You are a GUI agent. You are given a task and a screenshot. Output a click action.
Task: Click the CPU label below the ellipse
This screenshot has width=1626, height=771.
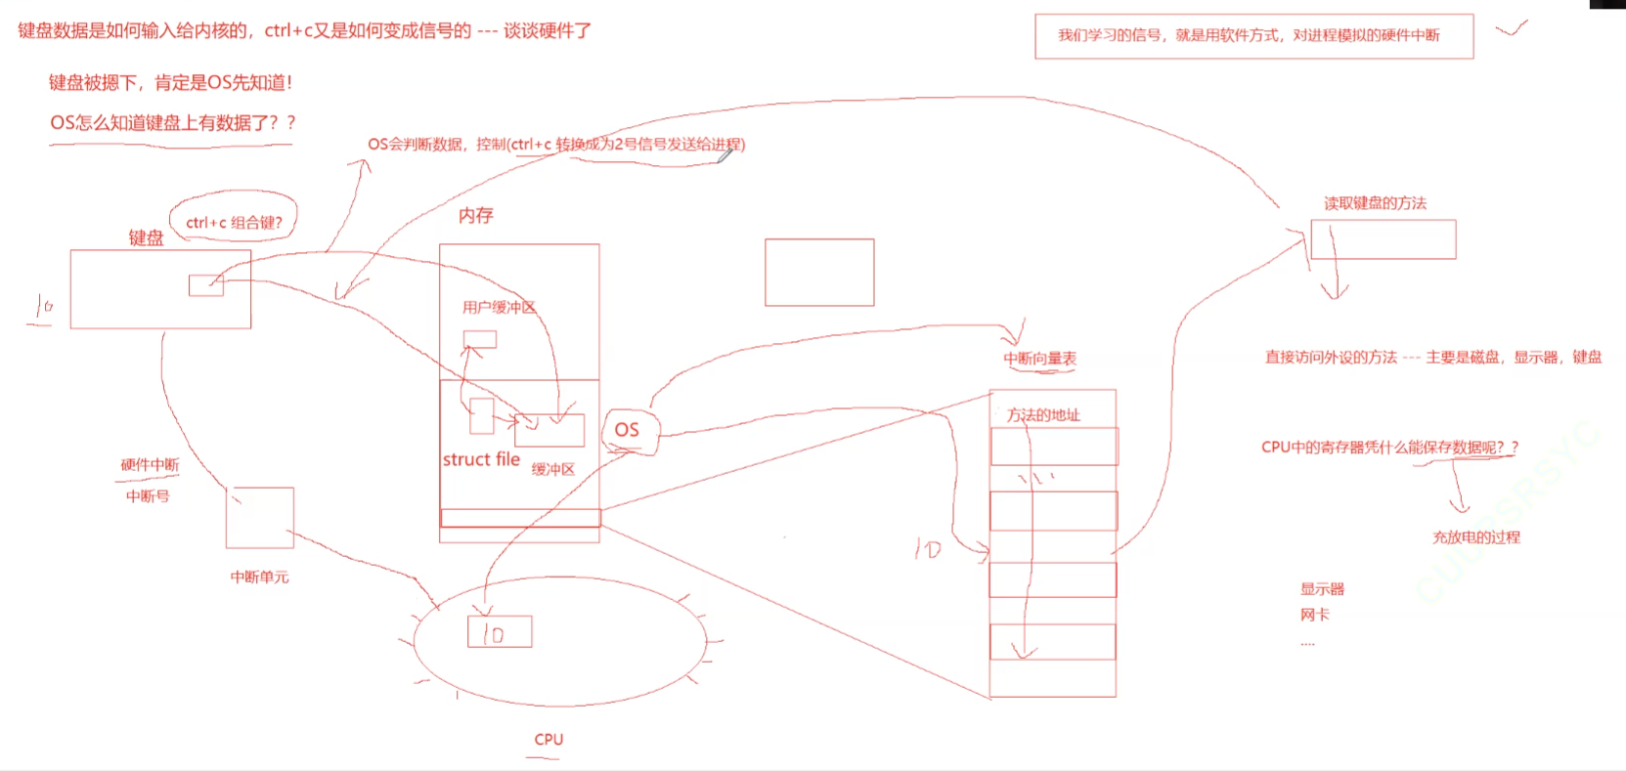click(x=549, y=740)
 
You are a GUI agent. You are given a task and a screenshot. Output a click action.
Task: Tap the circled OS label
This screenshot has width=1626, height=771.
click(x=628, y=430)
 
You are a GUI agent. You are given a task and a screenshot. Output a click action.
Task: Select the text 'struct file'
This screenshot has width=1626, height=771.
click(x=481, y=459)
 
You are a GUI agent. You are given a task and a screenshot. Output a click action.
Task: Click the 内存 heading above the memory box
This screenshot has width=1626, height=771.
click(x=476, y=215)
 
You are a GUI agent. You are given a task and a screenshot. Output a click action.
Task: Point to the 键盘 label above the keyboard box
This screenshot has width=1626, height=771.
click(x=147, y=237)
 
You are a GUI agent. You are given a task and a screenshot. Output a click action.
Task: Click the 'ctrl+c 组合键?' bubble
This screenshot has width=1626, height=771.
click(x=234, y=222)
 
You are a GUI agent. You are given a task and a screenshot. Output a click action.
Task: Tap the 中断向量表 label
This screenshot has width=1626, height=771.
click(x=1039, y=359)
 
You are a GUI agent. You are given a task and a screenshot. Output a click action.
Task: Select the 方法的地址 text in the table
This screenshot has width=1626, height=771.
click(x=1043, y=414)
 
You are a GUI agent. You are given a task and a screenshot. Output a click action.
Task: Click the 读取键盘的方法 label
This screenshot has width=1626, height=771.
click(x=1375, y=203)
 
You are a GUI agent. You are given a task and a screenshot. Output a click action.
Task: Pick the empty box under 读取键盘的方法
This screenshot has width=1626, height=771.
click(x=1383, y=239)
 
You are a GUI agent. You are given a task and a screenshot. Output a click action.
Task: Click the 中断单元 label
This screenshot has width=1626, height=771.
click(x=259, y=577)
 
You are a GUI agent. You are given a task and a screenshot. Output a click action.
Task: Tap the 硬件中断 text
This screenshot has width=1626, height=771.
click(x=150, y=465)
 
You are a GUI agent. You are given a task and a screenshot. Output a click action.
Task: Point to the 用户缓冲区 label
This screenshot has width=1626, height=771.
click(x=499, y=307)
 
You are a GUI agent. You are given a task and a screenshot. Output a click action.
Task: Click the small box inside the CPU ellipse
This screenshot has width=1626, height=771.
click(x=500, y=632)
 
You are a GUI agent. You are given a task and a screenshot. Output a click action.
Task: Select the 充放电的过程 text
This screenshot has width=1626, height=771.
click(x=1476, y=536)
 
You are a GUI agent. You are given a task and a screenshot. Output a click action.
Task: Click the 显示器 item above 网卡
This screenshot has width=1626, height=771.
click(x=1322, y=589)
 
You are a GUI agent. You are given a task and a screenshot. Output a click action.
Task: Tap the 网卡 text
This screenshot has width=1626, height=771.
click(x=1315, y=615)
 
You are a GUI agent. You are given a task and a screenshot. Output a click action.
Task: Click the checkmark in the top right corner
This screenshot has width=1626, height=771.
click(x=1511, y=29)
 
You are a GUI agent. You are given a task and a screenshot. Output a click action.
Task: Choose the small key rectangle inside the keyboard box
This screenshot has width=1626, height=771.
click(x=206, y=285)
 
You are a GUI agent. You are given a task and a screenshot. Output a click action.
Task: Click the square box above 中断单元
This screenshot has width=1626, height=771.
click(x=259, y=518)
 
